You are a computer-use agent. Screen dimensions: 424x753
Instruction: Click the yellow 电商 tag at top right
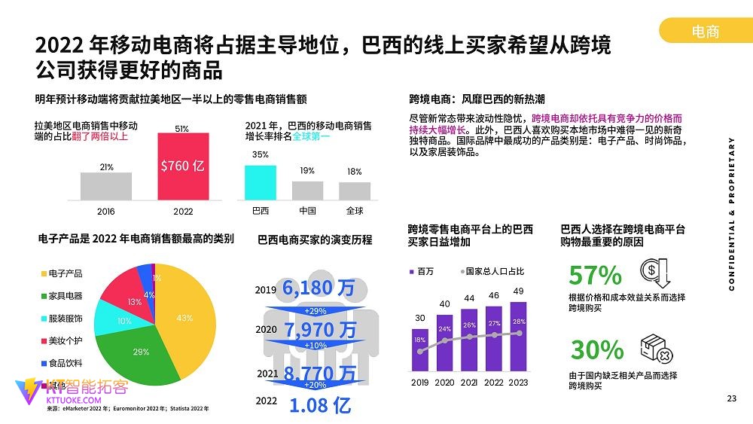click(x=705, y=30)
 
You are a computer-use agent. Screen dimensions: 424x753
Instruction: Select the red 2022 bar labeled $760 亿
click(x=182, y=166)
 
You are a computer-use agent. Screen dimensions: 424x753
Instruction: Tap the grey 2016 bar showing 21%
click(x=106, y=186)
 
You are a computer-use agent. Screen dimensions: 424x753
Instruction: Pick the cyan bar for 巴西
click(x=261, y=182)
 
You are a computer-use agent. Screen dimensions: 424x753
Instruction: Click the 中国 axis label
click(x=307, y=211)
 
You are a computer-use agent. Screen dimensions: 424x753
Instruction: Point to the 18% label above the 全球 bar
click(x=354, y=172)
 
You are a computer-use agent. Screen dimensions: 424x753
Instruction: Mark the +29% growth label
click(x=315, y=311)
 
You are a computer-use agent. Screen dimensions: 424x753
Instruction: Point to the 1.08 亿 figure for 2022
click(x=320, y=405)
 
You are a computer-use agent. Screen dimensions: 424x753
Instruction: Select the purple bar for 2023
click(x=518, y=336)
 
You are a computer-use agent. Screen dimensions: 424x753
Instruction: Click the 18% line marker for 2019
click(x=420, y=351)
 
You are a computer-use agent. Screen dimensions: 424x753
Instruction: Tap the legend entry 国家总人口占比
click(x=494, y=271)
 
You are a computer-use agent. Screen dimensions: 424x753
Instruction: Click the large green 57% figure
click(x=595, y=275)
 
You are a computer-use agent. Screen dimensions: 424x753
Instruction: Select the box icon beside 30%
click(x=655, y=348)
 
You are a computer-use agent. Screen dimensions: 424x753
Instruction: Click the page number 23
click(x=730, y=398)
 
